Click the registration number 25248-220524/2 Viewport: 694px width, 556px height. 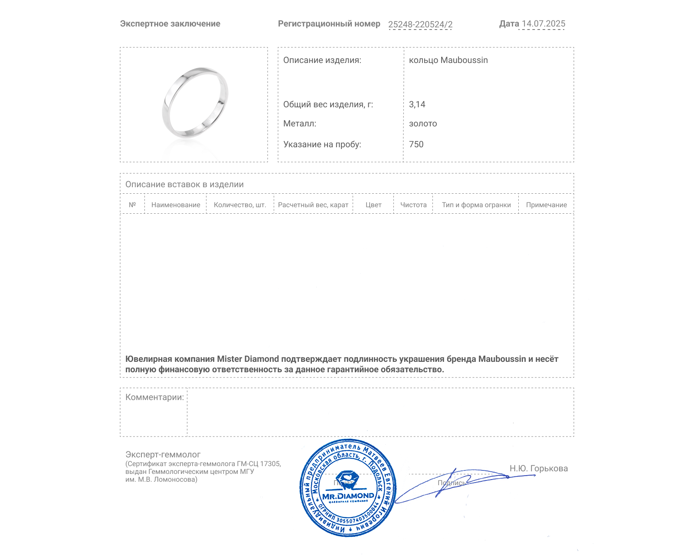click(420, 24)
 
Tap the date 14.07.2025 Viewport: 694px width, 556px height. click(543, 24)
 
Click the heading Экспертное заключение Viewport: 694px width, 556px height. click(170, 24)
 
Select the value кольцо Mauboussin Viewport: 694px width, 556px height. click(448, 60)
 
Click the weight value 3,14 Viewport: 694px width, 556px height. click(417, 105)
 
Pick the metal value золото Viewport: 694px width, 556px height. click(423, 124)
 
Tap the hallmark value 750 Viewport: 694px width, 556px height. click(416, 145)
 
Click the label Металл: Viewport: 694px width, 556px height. click(300, 124)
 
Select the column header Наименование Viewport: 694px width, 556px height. click(176, 205)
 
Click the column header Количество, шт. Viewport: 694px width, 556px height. click(240, 205)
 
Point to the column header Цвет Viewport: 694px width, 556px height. click(373, 205)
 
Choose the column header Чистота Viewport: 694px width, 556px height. click(413, 205)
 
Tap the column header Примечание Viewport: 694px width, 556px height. click(546, 205)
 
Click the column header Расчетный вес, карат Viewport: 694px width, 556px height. click(313, 205)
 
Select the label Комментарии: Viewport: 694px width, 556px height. click(154, 397)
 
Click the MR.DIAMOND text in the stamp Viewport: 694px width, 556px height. click(348, 496)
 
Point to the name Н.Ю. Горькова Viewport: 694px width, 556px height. click(538, 469)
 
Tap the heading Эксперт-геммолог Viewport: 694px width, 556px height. click(163, 455)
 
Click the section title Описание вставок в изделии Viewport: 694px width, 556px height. click(184, 185)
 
